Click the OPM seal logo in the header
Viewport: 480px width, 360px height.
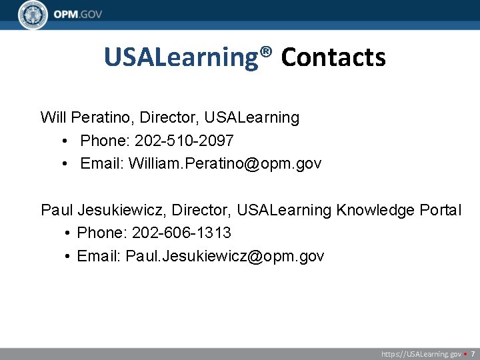coord(33,15)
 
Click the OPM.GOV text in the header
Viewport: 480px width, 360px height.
coord(79,15)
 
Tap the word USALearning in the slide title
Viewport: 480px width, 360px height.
coord(180,58)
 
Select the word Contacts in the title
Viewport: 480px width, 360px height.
coord(333,58)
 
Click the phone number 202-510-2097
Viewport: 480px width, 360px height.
coord(184,141)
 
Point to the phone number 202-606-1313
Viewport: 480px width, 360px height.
coord(182,233)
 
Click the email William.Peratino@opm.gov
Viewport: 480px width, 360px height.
coord(225,163)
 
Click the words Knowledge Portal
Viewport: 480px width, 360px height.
coord(399,211)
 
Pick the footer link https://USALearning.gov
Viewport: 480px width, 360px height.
coord(421,354)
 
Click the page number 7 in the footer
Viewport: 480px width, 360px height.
coord(473,354)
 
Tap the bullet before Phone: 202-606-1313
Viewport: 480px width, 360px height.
coord(69,233)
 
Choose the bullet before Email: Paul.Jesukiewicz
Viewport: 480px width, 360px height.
coord(69,256)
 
